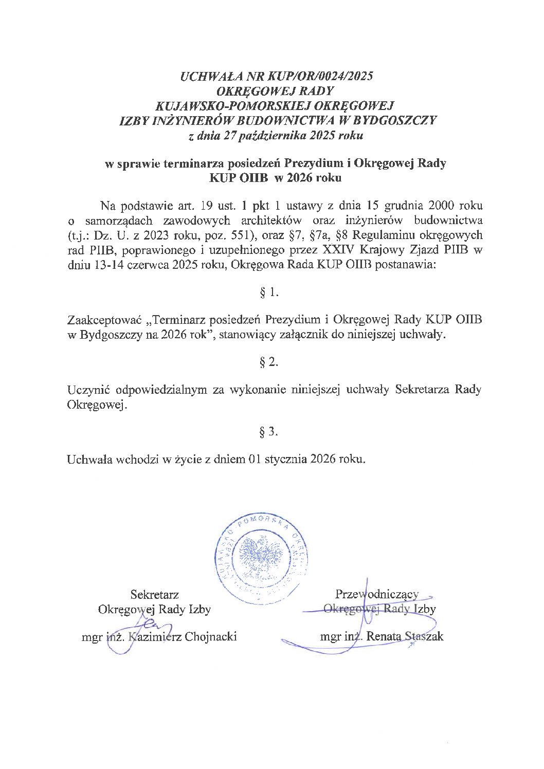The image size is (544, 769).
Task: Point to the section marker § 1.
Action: pyautogui.click(x=269, y=293)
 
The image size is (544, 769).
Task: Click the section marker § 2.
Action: pyautogui.click(x=269, y=362)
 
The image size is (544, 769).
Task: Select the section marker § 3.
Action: pyautogui.click(x=269, y=432)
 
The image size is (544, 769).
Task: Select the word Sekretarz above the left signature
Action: pyautogui.click(x=154, y=595)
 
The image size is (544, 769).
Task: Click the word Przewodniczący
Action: pyautogui.click(x=376, y=594)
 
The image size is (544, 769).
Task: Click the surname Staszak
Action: pyautogui.click(x=423, y=637)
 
